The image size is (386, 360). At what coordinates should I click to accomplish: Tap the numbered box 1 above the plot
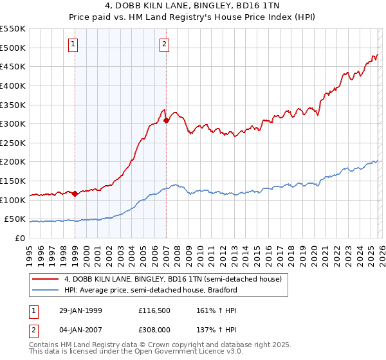coord(74,44)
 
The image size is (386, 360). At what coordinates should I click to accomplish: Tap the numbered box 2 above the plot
coord(165,44)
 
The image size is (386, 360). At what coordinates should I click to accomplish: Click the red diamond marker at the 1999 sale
coord(75,194)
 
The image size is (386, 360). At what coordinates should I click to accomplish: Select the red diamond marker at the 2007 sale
coord(166,120)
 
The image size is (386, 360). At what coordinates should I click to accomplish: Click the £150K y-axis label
coord(13,181)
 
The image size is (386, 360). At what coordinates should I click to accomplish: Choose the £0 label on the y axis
coord(21,238)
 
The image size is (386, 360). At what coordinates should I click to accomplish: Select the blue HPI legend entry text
coord(151,290)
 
